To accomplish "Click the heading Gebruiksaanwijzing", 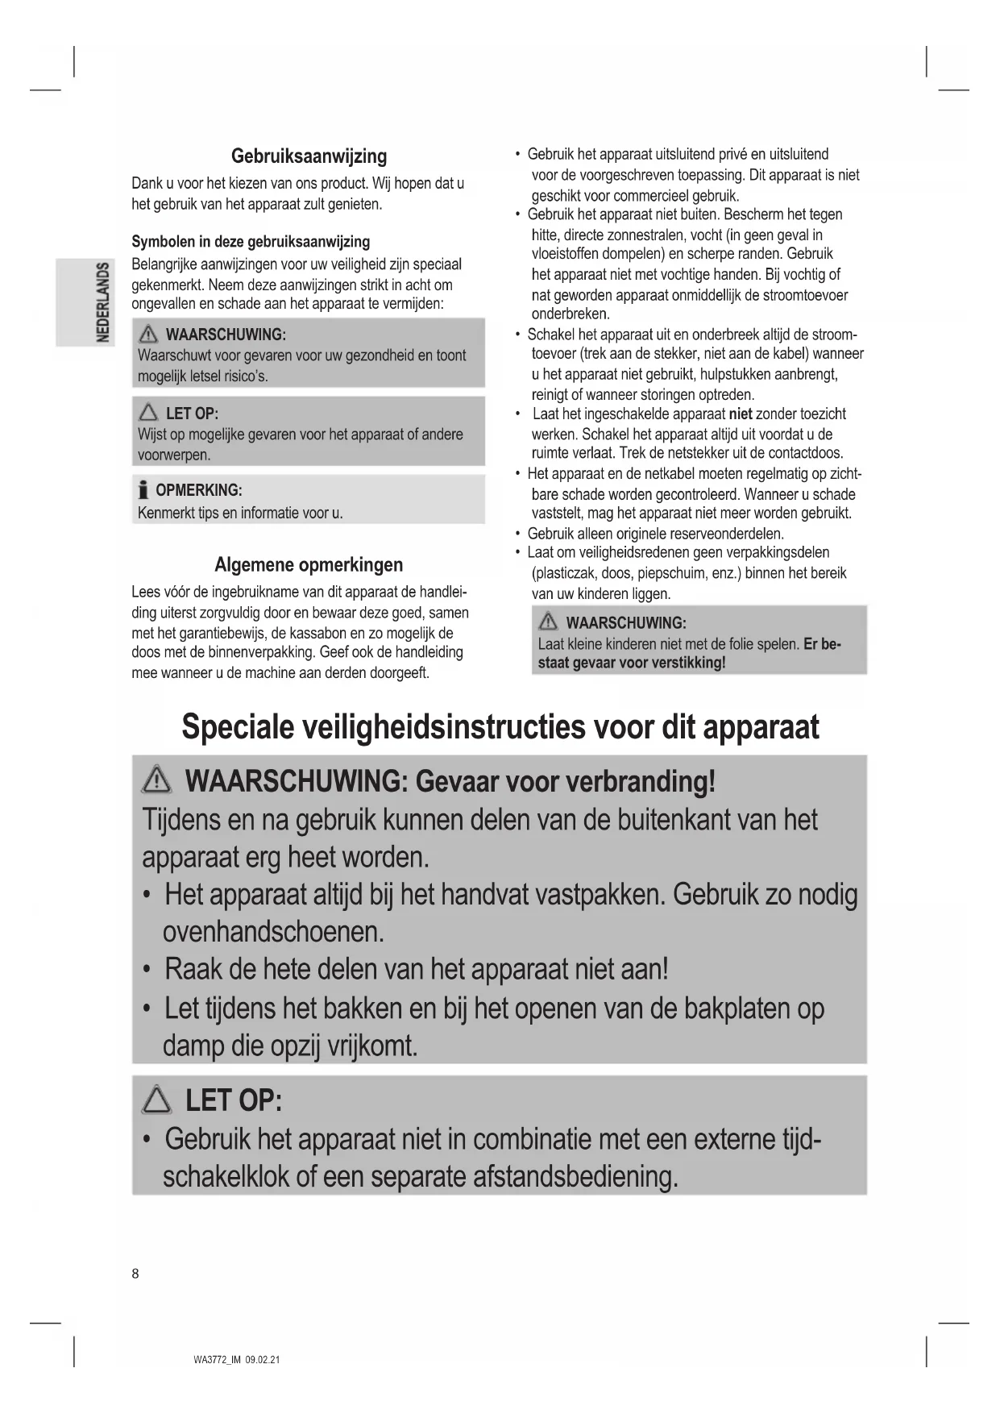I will pos(309,156).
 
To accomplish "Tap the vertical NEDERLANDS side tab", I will pos(102,302).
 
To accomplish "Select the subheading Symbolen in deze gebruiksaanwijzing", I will pos(251,242).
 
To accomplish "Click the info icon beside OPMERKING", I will pos(143,490).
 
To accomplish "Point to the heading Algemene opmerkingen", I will pos(309,565).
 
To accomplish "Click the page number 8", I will pos(135,1274).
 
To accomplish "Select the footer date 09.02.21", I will pos(263,1360).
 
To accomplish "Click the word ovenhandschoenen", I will pos(272,932).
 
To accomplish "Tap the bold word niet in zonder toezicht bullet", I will pos(741,414).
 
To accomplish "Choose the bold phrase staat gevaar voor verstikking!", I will pos(632,663).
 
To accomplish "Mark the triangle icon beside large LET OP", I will pos(156,1100).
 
